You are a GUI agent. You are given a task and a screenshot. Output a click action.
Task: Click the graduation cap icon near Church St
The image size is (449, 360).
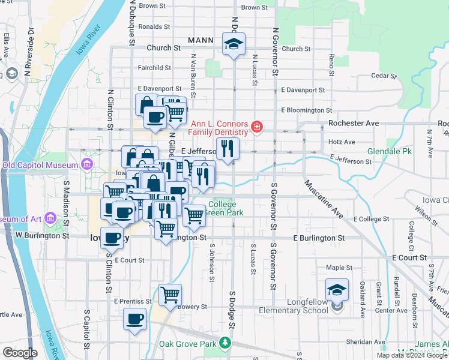[234, 44]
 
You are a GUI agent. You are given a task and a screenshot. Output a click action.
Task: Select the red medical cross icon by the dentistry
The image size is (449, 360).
[257, 127]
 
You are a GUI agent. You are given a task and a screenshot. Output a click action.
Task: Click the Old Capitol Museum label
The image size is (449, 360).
[41, 165]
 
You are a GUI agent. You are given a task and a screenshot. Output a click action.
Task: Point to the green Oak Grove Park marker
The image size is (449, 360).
[225, 343]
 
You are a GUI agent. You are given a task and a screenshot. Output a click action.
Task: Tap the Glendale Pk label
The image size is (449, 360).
[389, 152]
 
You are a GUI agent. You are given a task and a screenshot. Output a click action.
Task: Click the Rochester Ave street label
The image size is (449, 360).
[354, 123]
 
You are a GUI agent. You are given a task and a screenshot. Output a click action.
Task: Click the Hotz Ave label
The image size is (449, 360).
[342, 142]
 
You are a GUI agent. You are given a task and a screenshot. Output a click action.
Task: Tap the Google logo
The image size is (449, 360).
[19, 353]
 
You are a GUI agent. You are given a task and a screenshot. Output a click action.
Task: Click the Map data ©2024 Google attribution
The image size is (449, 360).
[412, 355]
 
